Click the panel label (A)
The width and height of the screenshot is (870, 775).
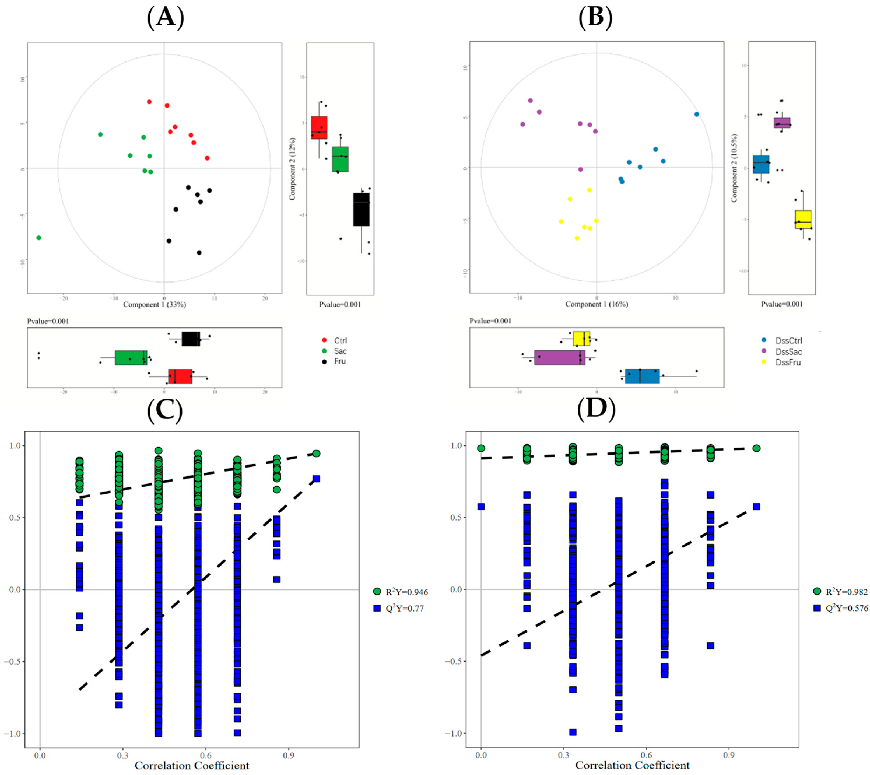(165, 18)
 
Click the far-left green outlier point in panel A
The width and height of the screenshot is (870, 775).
(39, 238)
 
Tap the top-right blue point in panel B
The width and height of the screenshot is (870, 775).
(697, 114)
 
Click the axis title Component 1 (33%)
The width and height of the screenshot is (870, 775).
(154, 304)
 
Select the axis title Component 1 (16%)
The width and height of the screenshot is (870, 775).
(597, 304)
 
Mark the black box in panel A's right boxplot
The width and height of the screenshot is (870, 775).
(361, 209)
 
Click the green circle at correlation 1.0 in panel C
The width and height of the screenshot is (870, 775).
(316, 454)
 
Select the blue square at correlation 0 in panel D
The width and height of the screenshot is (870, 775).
(481, 507)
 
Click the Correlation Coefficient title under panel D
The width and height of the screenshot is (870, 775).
(632, 765)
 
